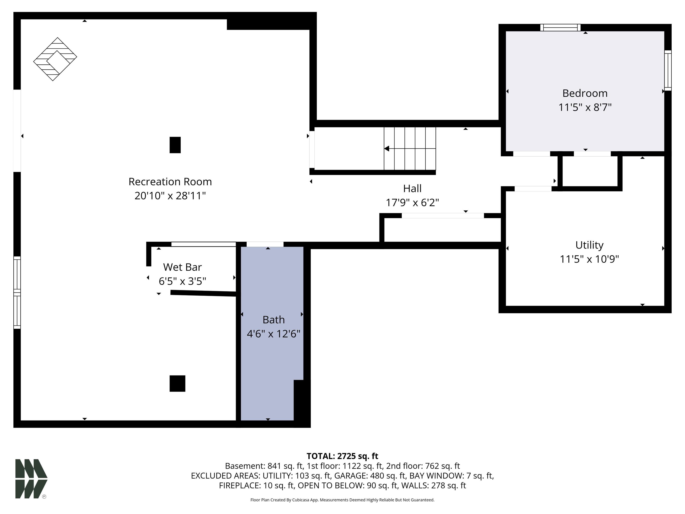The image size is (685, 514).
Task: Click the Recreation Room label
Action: (170, 182)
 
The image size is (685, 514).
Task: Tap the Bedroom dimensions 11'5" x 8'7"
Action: (585, 107)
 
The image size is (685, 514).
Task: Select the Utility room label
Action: (589, 245)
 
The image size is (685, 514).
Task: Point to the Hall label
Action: (412, 188)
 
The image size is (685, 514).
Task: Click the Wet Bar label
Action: (182, 267)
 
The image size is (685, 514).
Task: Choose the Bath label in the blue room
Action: (273, 320)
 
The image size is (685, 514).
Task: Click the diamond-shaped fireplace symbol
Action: (55, 59)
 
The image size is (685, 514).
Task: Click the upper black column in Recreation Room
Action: (175, 145)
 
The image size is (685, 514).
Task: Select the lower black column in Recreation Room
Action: (177, 383)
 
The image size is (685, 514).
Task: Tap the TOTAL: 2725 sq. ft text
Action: (342, 456)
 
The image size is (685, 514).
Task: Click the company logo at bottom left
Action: (31, 479)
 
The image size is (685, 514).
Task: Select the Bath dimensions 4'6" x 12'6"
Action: (273, 334)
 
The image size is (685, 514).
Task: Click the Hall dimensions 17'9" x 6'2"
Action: (412, 203)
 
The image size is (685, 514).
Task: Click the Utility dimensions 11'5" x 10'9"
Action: (589, 259)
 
